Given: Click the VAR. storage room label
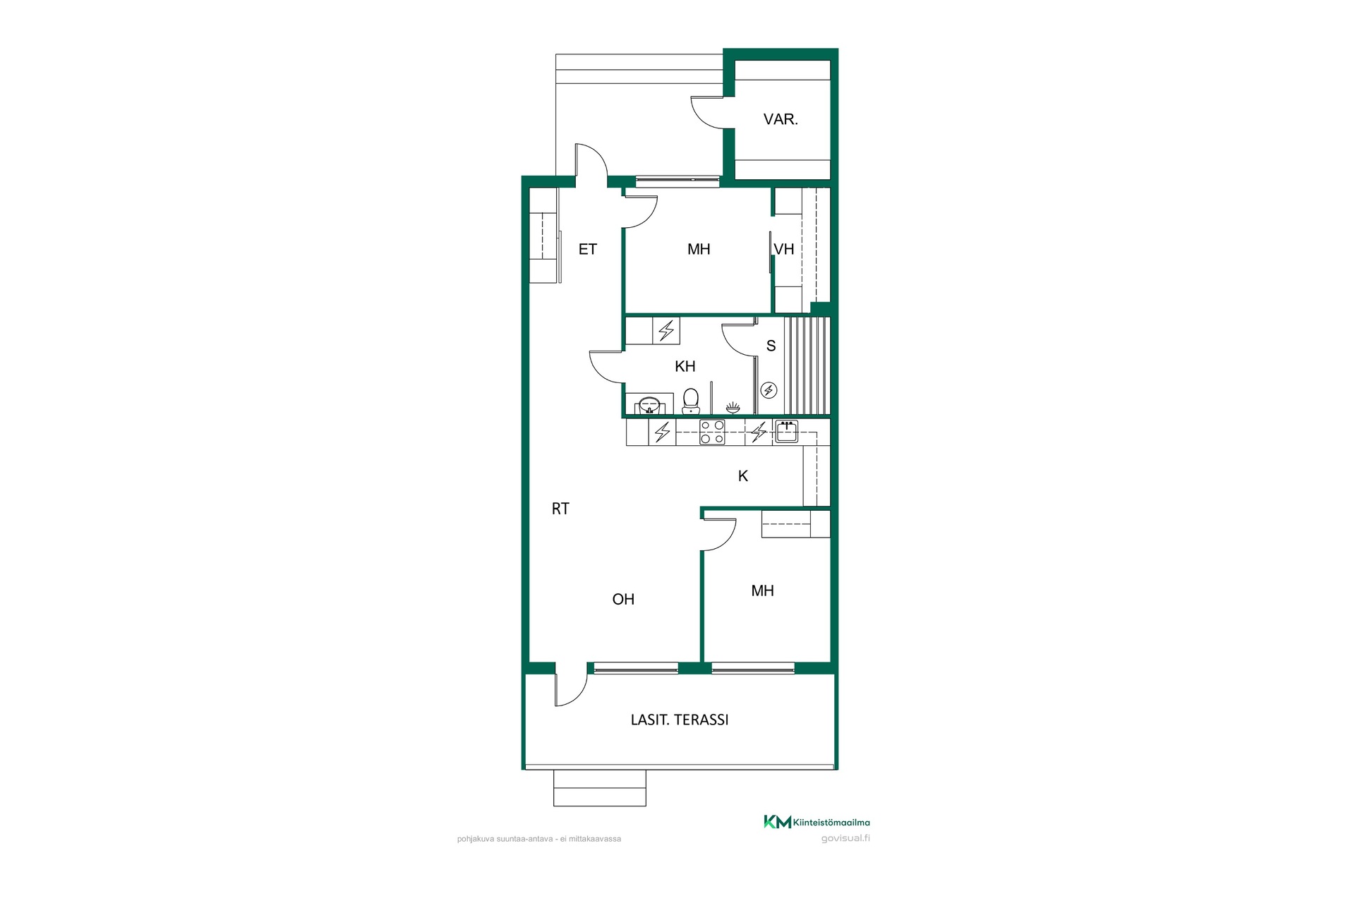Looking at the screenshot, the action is [781, 119].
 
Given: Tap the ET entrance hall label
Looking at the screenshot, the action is [587, 249].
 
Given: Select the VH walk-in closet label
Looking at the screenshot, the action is [784, 249].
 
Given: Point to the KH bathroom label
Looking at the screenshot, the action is [685, 366].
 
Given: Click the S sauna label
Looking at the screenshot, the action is [771, 346].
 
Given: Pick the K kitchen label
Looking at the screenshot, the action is [743, 476].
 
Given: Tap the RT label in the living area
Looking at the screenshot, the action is [560, 509].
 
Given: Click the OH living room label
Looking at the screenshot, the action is [623, 599].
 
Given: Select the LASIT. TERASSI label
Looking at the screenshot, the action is [680, 720].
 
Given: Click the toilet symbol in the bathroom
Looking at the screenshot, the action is [691, 401].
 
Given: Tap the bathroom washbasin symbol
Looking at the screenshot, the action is [649, 406].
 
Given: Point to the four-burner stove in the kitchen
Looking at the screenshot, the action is [712, 432].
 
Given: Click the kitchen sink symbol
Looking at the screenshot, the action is [786, 431].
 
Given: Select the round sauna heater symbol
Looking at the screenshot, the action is [769, 390].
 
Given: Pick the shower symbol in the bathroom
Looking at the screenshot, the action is [733, 407].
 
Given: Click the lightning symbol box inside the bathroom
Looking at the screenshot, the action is [666, 330].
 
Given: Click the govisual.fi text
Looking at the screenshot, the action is [845, 838].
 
